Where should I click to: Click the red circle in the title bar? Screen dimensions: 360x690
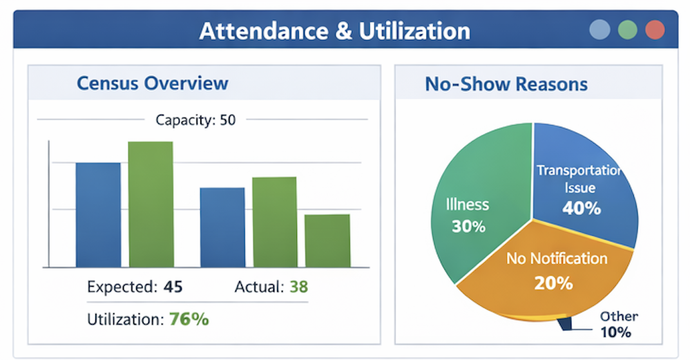pos(655,30)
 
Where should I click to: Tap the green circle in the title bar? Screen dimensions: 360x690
pos(628,30)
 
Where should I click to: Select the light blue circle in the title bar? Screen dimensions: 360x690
pos(600,30)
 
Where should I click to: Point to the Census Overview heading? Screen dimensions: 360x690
pos(152,83)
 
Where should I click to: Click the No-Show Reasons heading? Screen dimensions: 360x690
pos(506,84)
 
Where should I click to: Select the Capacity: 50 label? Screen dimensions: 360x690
pos(196,120)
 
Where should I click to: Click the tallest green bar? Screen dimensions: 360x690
pos(150,204)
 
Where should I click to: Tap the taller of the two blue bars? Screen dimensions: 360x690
pos(98,214)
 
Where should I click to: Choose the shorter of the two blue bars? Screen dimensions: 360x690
pos(222,227)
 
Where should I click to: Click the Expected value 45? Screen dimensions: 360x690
pos(173,287)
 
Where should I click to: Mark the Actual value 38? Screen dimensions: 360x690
pos(298,287)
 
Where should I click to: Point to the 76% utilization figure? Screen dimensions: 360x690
pos(189,319)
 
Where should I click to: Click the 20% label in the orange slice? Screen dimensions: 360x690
pos(553,283)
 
